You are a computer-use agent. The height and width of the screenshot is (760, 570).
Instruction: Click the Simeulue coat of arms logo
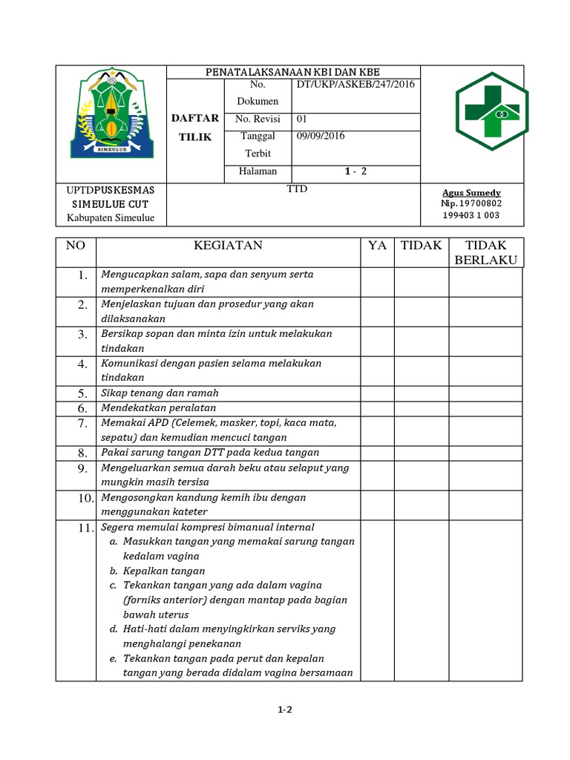pos(111,114)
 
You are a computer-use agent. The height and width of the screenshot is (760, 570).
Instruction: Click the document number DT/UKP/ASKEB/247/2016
pos(356,85)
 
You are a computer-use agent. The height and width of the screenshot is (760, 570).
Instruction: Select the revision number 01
pos(302,119)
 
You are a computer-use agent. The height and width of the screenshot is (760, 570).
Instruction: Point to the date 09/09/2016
pos(321,136)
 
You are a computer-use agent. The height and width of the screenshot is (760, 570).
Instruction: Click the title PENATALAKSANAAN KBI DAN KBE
pos(292,71)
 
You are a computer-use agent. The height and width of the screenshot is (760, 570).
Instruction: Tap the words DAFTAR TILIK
pos(195,128)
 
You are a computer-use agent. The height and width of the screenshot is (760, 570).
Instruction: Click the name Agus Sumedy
pos(471,192)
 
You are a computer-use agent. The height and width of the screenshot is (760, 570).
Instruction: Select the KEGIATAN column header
pos(228,246)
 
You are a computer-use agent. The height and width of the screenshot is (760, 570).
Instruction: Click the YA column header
pos(377,246)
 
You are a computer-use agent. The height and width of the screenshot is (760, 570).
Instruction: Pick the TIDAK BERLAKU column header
pos(485,252)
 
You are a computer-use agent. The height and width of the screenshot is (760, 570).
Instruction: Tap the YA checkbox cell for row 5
pos(377,393)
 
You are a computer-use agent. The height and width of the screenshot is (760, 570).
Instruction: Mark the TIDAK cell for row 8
pos(421,452)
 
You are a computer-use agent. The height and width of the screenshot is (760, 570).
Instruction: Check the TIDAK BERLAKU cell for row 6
pos(485,407)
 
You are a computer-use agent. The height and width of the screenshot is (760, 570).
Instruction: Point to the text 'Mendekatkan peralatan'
pos(159,407)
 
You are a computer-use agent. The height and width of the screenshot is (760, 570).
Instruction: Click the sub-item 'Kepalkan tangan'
pos(164,571)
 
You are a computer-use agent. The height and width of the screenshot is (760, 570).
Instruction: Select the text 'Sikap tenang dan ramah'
pos(160,393)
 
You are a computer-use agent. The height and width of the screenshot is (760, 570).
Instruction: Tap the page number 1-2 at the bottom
pos(285,710)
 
